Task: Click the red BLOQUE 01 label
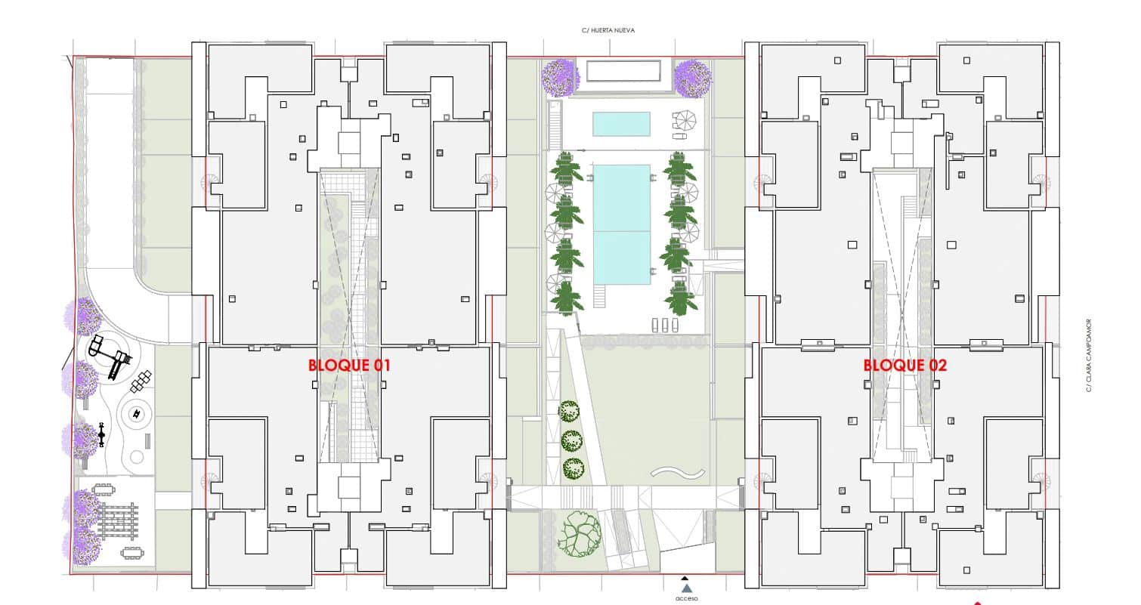coord(349,365)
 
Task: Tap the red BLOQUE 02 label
coord(905,365)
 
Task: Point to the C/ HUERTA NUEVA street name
coord(608,30)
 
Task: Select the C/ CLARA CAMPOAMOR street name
coord(1089,355)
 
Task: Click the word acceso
coord(687,598)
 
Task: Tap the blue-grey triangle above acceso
coord(687,588)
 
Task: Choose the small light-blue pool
coord(621,124)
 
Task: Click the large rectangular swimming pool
coord(622,224)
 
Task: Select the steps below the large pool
coord(599,296)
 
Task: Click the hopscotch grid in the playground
coord(141,381)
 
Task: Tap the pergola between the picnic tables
coord(118,521)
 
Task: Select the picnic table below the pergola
coord(132,553)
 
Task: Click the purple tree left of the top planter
coord(561,78)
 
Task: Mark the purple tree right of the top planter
coord(693,79)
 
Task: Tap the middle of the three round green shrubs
coord(572,441)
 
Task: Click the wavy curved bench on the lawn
coord(678,473)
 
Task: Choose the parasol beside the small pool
coord(685,121)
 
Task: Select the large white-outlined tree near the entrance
coord(580,534)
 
